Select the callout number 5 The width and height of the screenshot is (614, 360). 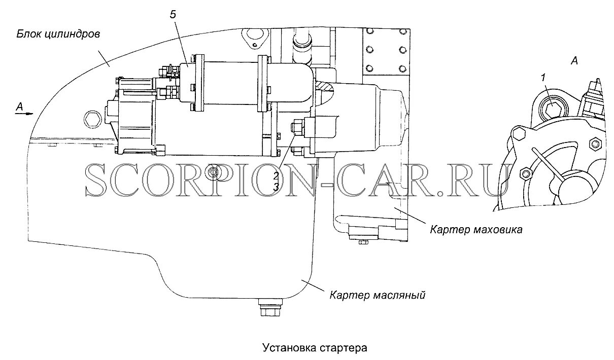[173, 15]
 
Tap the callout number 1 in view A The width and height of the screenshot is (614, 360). [543, 78]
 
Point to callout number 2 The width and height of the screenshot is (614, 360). [276, 176]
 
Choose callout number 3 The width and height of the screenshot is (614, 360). [276, 187]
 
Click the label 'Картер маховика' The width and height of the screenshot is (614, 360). [476, 230]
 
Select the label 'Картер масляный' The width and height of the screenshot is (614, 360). [377, 295]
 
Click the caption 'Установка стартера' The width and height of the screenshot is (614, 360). [314, 348]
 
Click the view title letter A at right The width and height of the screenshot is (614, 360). [574, 61]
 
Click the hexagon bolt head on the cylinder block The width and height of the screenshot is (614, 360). [92, 119]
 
